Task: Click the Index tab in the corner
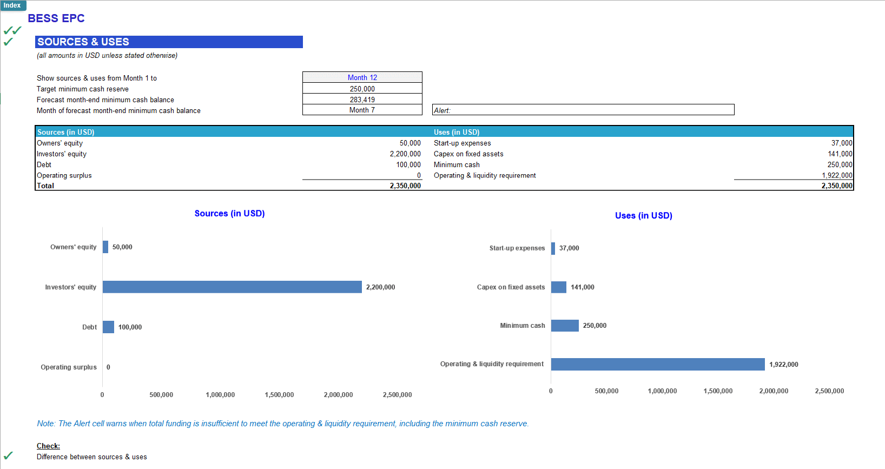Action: click(12, 5)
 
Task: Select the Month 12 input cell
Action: click(362, 77)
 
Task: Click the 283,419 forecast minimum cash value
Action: click(362, 100)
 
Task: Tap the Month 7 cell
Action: click(362, 110)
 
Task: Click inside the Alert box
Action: click(583, 110)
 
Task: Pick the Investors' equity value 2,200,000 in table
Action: click(405, 154)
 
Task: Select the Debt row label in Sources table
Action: click(44, 164)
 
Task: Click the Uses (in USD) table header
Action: click(457, 132)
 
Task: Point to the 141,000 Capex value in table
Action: click(840, 154)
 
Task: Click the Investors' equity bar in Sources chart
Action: click(232, 287)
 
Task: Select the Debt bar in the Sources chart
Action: click(108, 327)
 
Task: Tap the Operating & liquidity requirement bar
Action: click(657, 364)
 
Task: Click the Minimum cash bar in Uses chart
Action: click(564, 325)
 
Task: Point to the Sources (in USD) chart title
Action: click(229, 213)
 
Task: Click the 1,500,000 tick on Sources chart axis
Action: click(279, 394)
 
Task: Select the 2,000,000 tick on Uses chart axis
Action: click(774, 391)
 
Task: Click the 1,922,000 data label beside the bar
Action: click(783, 364)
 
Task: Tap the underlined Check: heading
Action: click(48, 446)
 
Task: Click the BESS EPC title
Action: click(56, 18)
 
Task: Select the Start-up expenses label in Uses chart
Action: click(517, 248)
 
